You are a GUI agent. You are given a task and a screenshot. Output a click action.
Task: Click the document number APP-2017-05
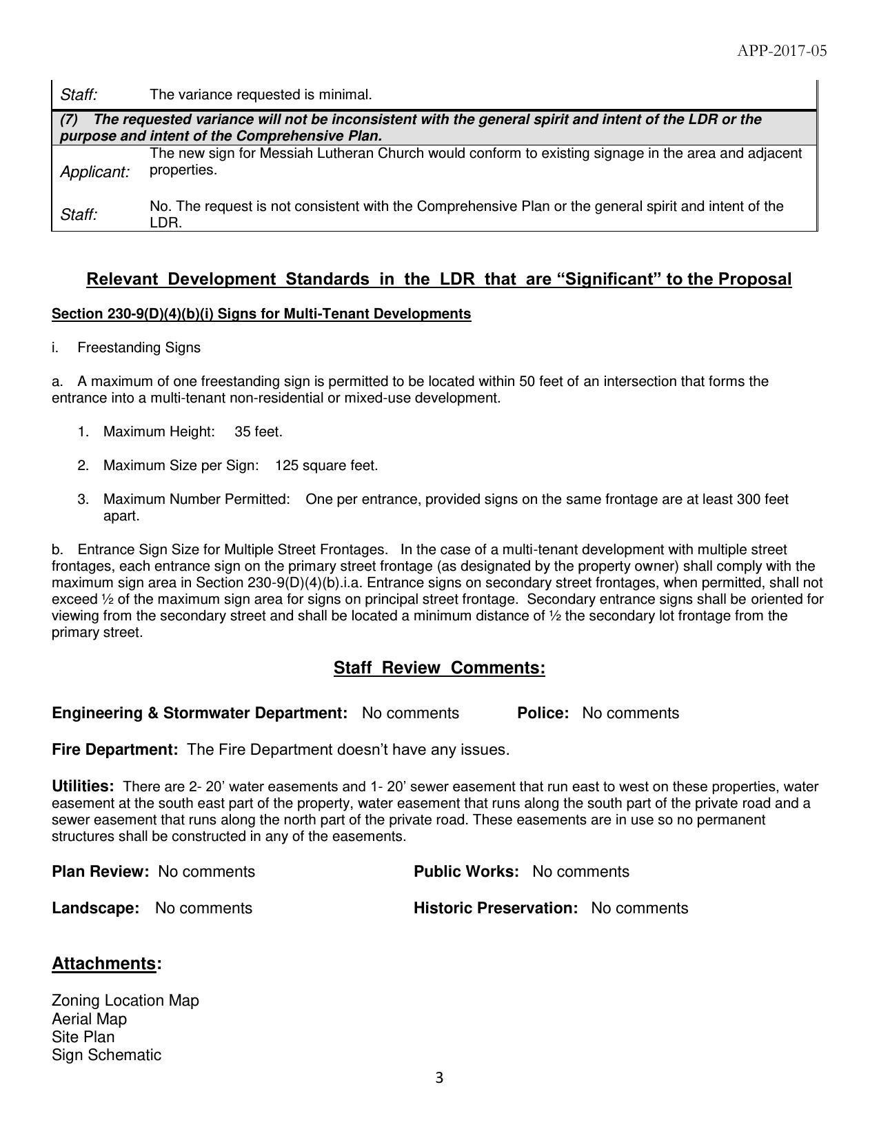point(781,51)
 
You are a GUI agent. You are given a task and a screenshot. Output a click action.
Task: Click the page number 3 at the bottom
point(439,1078)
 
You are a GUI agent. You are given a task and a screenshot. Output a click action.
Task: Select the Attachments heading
point(104,963)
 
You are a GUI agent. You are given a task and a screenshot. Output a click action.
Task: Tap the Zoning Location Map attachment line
point(125,1000)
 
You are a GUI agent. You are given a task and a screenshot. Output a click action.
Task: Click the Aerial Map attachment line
point(89,1019)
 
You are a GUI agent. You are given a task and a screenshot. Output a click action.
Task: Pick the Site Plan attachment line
point(83,1037)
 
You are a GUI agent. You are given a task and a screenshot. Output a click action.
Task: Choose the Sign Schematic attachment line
point(106,1055)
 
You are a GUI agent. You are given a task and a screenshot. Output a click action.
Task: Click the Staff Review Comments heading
point(439,668)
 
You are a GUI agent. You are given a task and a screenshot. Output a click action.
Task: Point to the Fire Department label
point(115,749)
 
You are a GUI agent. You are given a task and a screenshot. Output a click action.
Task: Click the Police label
point(543,713)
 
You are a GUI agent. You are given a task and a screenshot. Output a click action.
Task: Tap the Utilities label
point(83,786)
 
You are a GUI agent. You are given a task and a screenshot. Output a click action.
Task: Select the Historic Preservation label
point(495,908)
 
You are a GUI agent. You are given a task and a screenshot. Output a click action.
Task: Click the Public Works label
point(466,871)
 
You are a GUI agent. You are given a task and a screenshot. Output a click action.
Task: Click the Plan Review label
point(100,871)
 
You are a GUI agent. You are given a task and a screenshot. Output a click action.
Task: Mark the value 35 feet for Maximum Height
point(259,431)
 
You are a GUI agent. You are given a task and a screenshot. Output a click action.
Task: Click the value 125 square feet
point(326,465)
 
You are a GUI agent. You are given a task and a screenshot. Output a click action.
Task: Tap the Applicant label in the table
point(94,172)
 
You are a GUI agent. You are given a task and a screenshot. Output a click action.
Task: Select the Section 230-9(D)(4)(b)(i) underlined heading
point(261,314)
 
